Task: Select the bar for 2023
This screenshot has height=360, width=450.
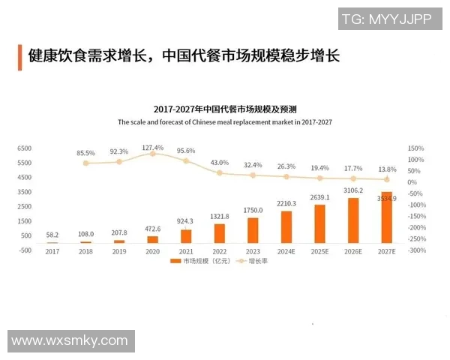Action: click(x=253, y=230)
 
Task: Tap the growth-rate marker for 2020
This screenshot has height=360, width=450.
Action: click(x=152, y=153)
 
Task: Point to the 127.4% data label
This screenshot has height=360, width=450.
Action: click(x=152, y=147)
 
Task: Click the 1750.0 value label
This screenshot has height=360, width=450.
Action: click(x=253, y=210)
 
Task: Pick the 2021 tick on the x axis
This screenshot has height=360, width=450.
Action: click(x=186, y=250)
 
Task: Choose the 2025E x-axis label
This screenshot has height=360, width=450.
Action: click(x=319, y=250)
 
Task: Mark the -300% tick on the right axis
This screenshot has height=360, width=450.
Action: click(x=415, y=250)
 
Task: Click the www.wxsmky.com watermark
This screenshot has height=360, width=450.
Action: click(x=70, y=340)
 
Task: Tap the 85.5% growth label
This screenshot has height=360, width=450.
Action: click(x=86, y=153)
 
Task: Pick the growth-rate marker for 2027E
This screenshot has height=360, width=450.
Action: click(x=386, y=179)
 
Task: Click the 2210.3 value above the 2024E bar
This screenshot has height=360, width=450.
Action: click(x=286, y=203)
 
